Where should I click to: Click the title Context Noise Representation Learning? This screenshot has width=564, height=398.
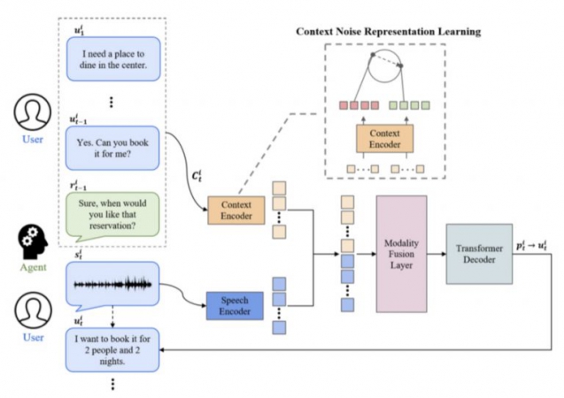coord(390,32)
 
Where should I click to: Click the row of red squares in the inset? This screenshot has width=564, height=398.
coord(350,105)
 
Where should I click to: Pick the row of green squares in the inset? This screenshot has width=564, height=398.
coord(412,105)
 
